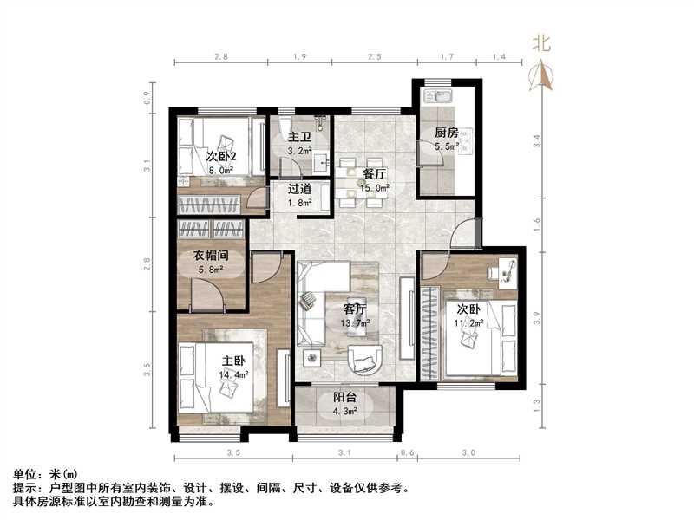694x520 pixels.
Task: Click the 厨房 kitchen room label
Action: pos(446,133)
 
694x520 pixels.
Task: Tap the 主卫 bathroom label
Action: pos(299,136)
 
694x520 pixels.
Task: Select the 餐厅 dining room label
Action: pos(376,172)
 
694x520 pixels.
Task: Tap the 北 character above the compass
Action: pos(542,43)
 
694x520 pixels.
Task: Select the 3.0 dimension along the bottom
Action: pos(468,452)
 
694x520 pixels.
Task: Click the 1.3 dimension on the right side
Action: pos(537,401)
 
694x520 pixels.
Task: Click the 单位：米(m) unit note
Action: pos(45,475)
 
